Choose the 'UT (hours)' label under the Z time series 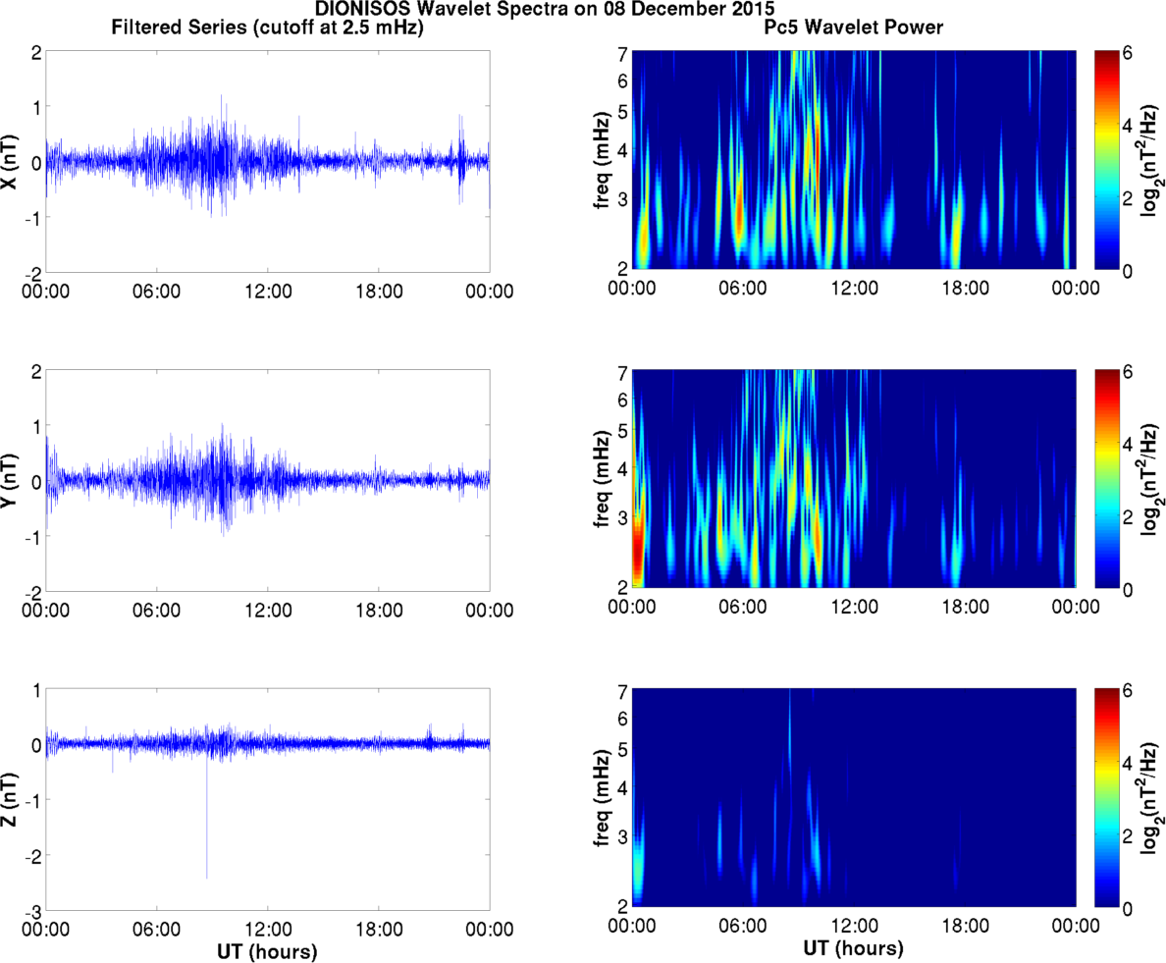point(268,950)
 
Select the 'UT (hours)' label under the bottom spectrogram point(854,950)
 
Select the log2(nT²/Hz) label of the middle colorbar point(1150,480)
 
